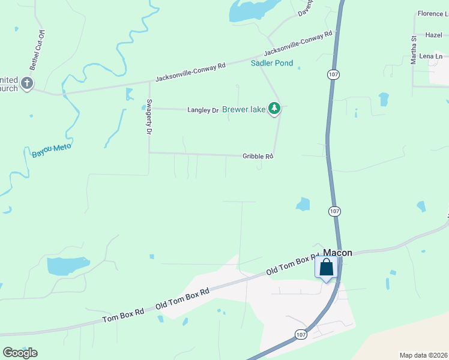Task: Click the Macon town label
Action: (337, 253)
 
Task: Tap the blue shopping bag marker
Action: (326, 268)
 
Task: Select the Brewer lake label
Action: (244, 110)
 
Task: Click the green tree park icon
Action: (274, 108)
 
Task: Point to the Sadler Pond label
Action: (272, 63)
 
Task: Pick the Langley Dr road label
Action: (203, 110)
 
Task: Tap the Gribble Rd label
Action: (258, 156)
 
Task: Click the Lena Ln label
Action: (431, 56)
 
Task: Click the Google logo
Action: (20, 352)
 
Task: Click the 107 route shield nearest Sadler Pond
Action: (334, 74)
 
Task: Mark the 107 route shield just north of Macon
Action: (335, 211)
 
